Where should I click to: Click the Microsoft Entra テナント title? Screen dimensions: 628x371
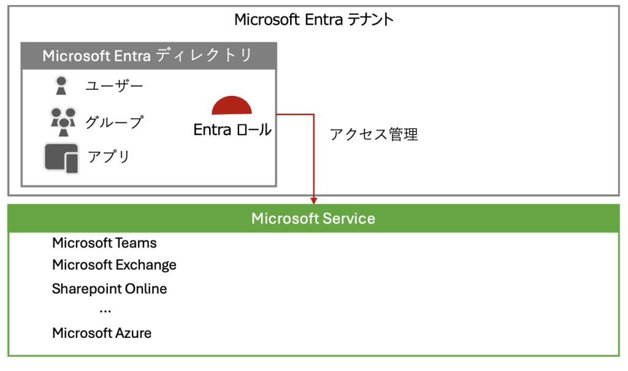(314, 19)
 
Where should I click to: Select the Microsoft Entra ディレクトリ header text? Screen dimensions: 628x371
(147, 55)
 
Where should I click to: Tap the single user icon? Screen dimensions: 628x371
(61, 85)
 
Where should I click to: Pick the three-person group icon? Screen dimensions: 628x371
(63, 122)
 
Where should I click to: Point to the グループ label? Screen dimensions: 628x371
(114, 122)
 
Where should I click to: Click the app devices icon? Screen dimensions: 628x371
(61, 159)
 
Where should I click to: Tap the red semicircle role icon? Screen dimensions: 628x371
(231, 106)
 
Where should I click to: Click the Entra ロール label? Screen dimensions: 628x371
(232, 130)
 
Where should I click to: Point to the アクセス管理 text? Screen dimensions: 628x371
(373, 135)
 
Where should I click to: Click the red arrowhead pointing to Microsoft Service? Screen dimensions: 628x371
(313, 200)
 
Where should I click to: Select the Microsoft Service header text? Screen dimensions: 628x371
(313, 219)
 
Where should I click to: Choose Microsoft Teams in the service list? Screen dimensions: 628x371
(104, 243)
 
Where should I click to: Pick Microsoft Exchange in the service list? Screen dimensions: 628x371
(114, 265)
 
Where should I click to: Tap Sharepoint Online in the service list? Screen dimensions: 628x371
(109, 289)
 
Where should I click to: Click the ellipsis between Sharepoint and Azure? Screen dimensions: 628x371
(105, 311)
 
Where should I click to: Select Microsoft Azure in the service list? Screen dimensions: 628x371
(102, 333)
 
